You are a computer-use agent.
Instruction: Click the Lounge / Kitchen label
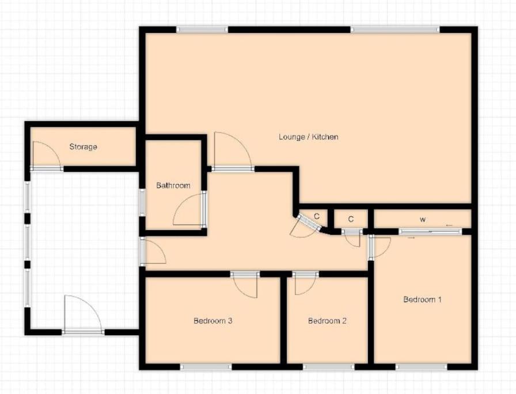pyautogui.click(x=308, y=137)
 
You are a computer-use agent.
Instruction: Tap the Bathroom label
pyautogui.click(x=173, y=185)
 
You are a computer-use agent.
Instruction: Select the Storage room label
pyautogui.click(x=83, y=147)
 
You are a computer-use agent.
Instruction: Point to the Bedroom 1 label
pyautogui.click(x=422, y=299)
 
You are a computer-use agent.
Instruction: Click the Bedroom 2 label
pyautogui.click(x=327, y=321)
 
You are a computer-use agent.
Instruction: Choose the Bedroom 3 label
pyautogui.click(x=213, y=321)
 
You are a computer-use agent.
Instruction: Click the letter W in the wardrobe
pyautogui.click(x=423, y=220)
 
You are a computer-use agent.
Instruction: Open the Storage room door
pyautogui.click(x=46, y=156)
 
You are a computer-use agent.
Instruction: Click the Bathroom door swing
pyautogui.click(x=188, y=210)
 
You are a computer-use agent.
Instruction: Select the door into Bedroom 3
pyautogui.click(x=245, y=284)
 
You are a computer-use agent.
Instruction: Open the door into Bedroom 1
pyautogui.click(x=379, y=247)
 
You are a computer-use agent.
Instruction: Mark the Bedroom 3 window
pyautogui.click(x=206, y=367)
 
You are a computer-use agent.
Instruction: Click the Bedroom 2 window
pyautogui.click(x=328, y=367)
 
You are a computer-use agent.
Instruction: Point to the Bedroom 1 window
pyautogui.click(x=421, y=367)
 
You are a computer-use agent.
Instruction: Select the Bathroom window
pyautogui.click(x=142, y=202)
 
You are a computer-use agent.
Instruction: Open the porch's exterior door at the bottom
pyautogui.click(x=83, y=315)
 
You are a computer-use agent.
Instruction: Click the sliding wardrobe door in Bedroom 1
pyautogui.click(x=430, y=232)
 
